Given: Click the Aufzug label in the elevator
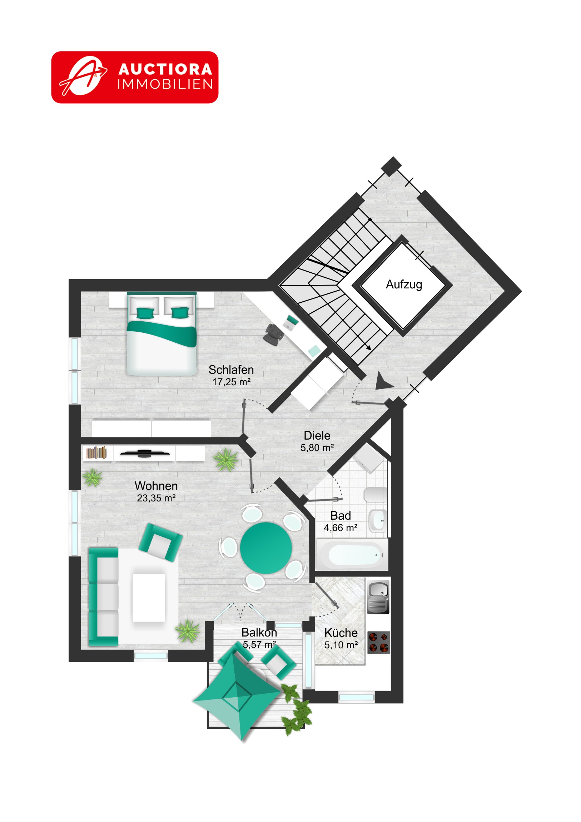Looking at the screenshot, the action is [404, 284].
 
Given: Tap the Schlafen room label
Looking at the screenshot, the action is [231, 370].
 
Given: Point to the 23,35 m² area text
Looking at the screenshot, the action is [156, 498].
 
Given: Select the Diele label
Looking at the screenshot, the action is [317, 435].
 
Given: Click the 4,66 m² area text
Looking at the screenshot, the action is [341, 528].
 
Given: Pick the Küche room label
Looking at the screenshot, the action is [341, 633].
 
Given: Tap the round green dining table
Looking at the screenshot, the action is [266, 548].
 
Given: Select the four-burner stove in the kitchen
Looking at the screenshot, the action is [379, 642].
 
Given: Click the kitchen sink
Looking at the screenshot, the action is [378, 597].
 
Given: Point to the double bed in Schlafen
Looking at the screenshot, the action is [162, 334].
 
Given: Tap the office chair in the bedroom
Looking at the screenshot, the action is [274, 335].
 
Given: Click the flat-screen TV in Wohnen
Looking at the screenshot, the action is [145, 454].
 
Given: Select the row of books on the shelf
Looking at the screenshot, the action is [96, 452].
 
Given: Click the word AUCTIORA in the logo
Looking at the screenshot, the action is [165, 69].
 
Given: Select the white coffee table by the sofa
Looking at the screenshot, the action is [149, 598].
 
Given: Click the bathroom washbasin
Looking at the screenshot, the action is [377, 520].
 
